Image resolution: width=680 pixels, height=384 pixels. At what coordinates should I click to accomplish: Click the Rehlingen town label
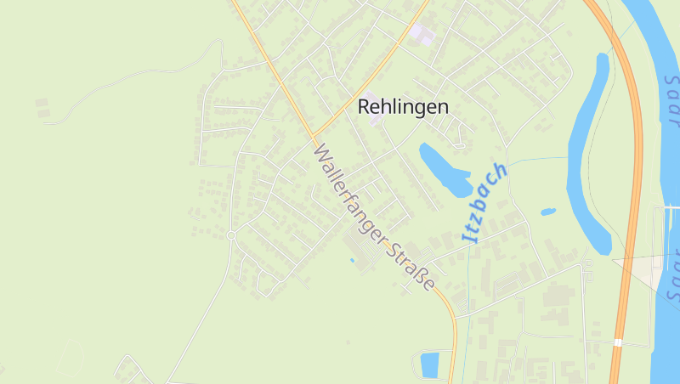click(403, 107)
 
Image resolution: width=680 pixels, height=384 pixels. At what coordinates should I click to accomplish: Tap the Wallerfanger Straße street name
click(374, 217)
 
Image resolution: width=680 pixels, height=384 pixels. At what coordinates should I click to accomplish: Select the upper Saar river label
click(671, 98)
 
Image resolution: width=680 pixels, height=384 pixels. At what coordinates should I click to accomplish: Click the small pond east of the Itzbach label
click(548, 212)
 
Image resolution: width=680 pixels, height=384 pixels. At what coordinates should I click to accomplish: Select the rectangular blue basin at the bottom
click(431, 365)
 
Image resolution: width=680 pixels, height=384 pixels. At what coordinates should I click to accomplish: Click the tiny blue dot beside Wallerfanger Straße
click(351, 260)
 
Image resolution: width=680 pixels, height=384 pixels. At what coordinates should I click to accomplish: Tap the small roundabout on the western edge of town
click(230, 235)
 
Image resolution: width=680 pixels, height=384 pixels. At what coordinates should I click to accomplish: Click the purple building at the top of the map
click(422, 35)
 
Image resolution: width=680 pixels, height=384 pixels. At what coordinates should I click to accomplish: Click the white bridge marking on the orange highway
click(618, 343)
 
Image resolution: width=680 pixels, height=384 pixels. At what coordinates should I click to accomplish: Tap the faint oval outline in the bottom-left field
click(70, 358)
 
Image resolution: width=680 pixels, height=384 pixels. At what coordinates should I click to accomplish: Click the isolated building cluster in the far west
click(42, 108)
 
